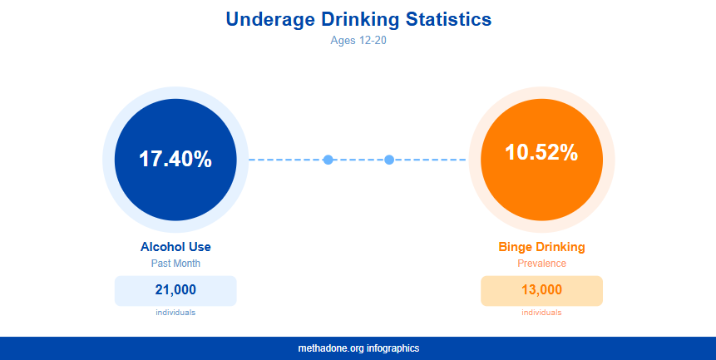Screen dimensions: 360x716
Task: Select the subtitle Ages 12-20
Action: click(358, 39)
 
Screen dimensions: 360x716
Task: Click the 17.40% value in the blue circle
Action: click(175, 159)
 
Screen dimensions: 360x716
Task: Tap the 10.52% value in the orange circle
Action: click(541, 152)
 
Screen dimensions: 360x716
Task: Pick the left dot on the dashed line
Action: click(328, 160)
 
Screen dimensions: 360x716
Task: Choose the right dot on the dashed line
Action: click(389, 160)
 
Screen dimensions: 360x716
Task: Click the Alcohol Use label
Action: click(175, 247)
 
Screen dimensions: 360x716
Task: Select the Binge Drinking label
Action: click(541, 247)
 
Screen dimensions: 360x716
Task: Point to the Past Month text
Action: click(175, 264)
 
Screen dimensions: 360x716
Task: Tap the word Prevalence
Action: click(541, 264)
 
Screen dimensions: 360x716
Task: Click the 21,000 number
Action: click(175, 290)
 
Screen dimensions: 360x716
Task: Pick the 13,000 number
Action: click(541, 290)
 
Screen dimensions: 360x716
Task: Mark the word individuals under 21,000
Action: click(175, 313)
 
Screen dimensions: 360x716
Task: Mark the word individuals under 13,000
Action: click(541, 313)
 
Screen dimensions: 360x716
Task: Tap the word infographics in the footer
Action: click(393, 348)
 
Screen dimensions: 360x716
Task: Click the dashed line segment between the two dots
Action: click(358, 160)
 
